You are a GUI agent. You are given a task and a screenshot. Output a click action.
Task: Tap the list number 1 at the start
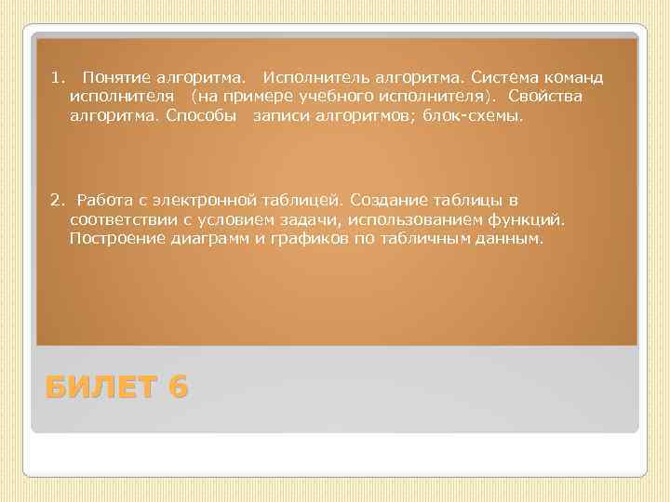pyautogui.click(x=55, y=74)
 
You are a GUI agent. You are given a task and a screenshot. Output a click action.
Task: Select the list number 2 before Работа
pyautogui.click(x=55, y=200)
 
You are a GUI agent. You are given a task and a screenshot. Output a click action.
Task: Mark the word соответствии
pyautogui.click(x=124, y=221)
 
